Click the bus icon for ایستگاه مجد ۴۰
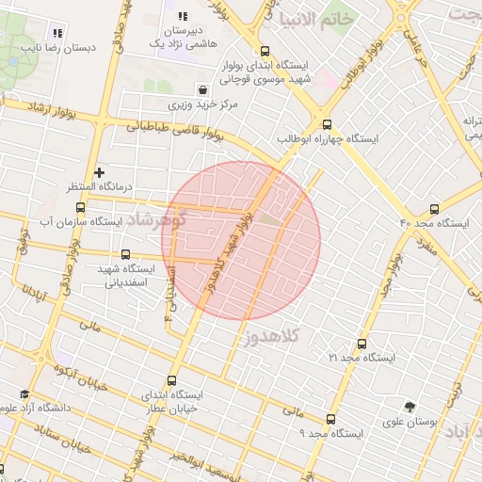pyautogui.click(x=434, y=209)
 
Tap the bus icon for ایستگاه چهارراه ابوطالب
pyautogui.click(x=327, y=124)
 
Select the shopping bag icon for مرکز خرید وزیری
pyautogui.click(x=203, y=90)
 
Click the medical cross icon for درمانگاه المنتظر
pyautogui.click(x=99, y=172)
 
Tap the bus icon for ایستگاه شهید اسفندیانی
pyautogui.click(x=126, y=254)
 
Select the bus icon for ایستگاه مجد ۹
pyautogui.click(x=329, y=419)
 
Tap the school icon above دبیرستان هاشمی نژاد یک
pyautogui.click(x=182, y=16)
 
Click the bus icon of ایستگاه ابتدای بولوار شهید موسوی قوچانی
pyautogui.click(x=264, y=52)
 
